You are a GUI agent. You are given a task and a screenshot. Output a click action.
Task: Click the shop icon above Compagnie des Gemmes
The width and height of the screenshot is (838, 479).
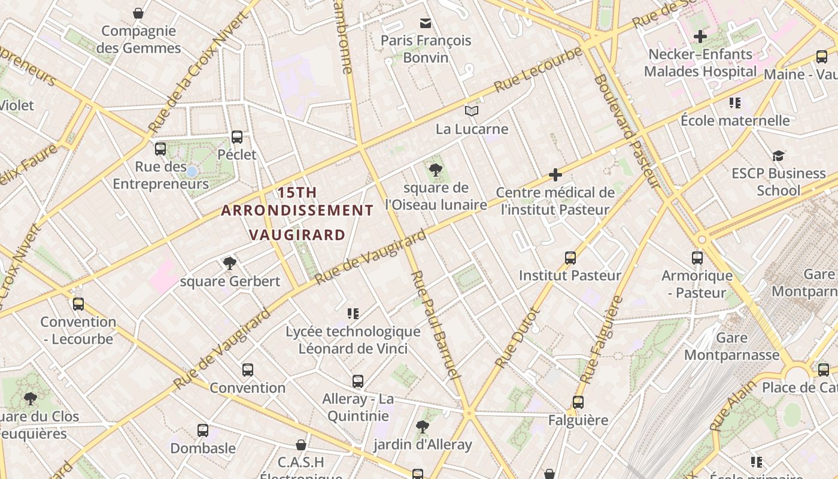pyautogui.click(x=138, y=13)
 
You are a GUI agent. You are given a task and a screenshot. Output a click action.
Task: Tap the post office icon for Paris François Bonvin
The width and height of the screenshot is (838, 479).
pyautogui.click(x=426, y=23)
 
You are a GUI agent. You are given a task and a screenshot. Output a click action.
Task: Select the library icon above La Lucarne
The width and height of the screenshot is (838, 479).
pyautogui.click(x=472, y=111)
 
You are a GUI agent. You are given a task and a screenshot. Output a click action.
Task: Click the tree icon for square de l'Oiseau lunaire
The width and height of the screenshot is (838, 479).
pyautogui.click(x=436, y=171)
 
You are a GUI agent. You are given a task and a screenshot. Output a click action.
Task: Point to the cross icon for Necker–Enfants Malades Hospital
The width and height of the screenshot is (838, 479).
pyautogui.click(x=700, y=37)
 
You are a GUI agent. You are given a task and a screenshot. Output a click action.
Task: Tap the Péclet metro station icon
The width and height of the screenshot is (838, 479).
pyautogui.click(x=237, y=137)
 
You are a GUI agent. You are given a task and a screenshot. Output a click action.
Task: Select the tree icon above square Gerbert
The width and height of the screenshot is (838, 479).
pyautogui.click(x=229, y=263)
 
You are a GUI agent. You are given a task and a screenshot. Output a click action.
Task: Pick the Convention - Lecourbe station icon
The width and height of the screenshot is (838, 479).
pyautogui.click(x=78, y=304)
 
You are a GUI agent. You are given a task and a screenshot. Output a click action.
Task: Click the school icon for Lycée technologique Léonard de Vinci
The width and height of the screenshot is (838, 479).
pyautogui.click(x=353, y=314)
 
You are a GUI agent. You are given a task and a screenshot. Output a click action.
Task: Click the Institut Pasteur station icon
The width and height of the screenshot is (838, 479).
pyautogui.click(x=570, y=258)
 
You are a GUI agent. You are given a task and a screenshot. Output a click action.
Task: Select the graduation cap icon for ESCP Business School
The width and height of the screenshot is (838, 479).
pyautogui.click(x=778, y=156)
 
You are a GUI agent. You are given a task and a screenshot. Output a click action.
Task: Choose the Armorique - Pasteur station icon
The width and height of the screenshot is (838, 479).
pyautogui.click(x=697, y=258)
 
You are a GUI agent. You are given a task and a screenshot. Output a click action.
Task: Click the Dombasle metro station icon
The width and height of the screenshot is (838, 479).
pyautogui.click(x=203, y=431)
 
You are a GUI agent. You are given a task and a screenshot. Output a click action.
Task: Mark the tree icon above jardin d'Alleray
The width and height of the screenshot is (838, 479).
pyautogui.click(x=423, y=427)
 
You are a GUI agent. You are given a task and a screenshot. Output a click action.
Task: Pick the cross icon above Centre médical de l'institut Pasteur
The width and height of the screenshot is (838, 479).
pyautogui.click(x=555, y=175)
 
